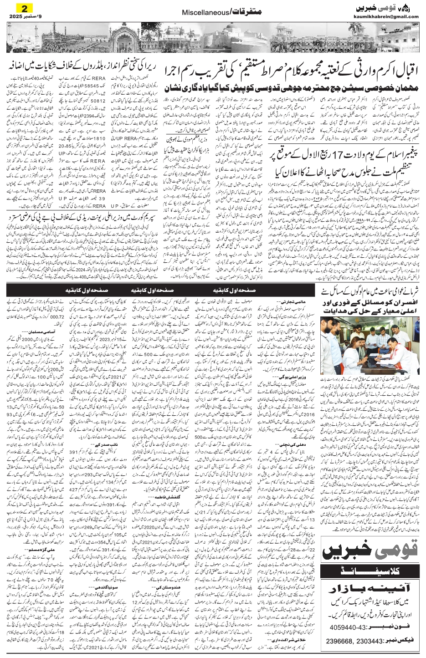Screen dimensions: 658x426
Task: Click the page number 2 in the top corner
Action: pyautogui.click(x=21, y=8)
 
